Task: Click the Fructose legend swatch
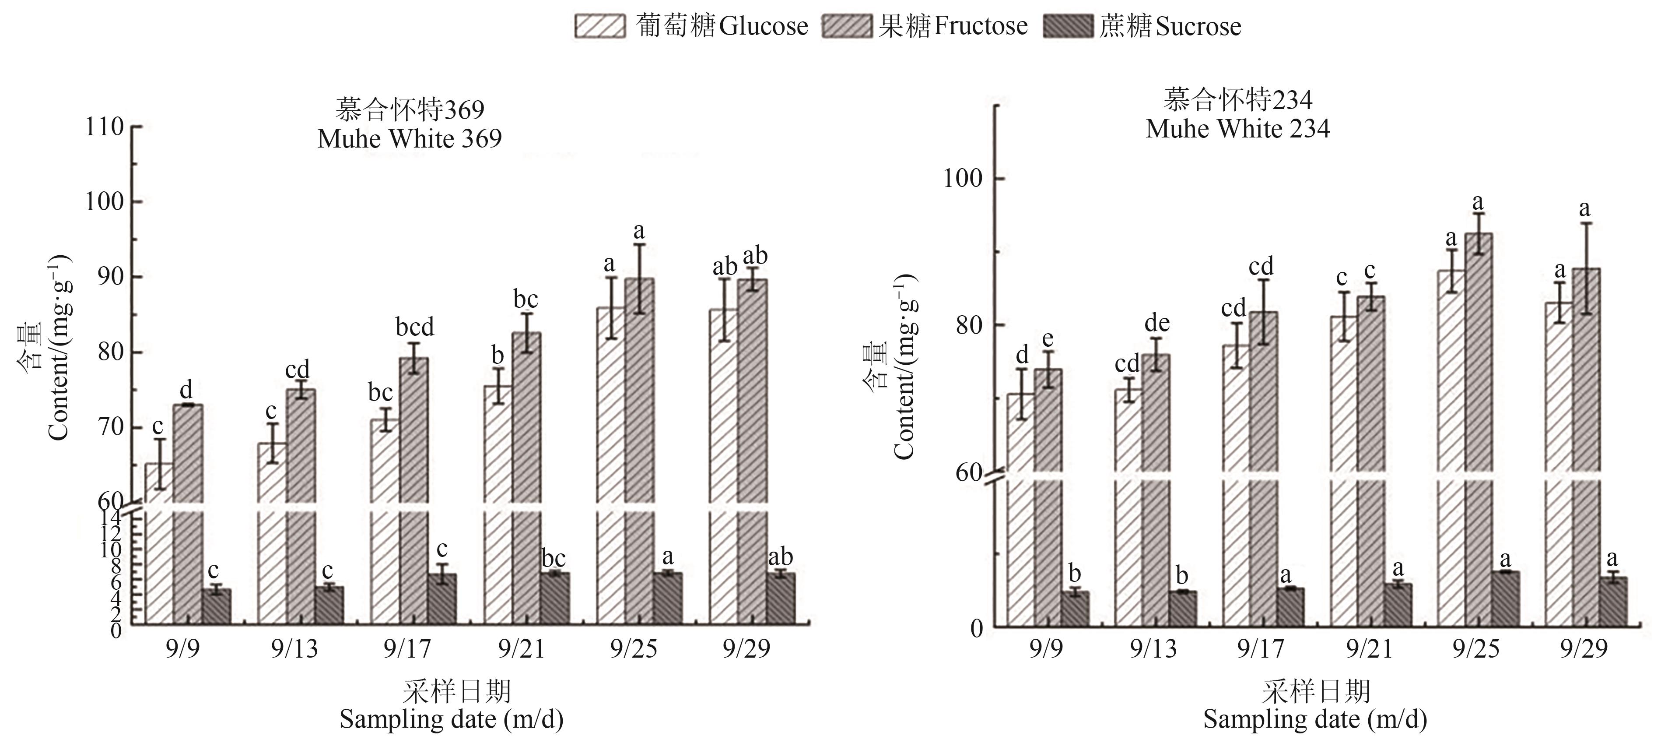pyautogui.click(x=847, y=26)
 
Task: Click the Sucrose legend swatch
pyautogui.click(x=1068, y=26)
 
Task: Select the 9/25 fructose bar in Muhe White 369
pyautogui.click(x=640, y=450)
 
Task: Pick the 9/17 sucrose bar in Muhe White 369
pyautogui.click(x=442, y=599)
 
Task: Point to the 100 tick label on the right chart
pyautogui.click(x=963, y=178)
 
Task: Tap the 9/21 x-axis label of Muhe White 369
pyautogui.click(x=521, y=649)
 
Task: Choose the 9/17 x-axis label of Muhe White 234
pyautogui.click(x=1260, y=649)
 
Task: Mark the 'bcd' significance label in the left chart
pyautogui.click(x=415, y=328)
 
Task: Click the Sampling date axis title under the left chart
pyautogui.click(x=452, y=719)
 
